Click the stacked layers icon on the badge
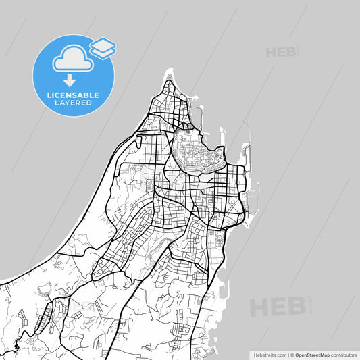pyautogui.click(x=103, y=47)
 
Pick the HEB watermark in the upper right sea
pyautogui.click(x=282, y=52)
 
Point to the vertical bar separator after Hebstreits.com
pyautogui.click(x=288, y=354)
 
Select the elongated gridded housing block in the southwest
pyautogui.click(x=47, y=315)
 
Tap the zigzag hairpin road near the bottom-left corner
pyautogui.click(x=16, y=341)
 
